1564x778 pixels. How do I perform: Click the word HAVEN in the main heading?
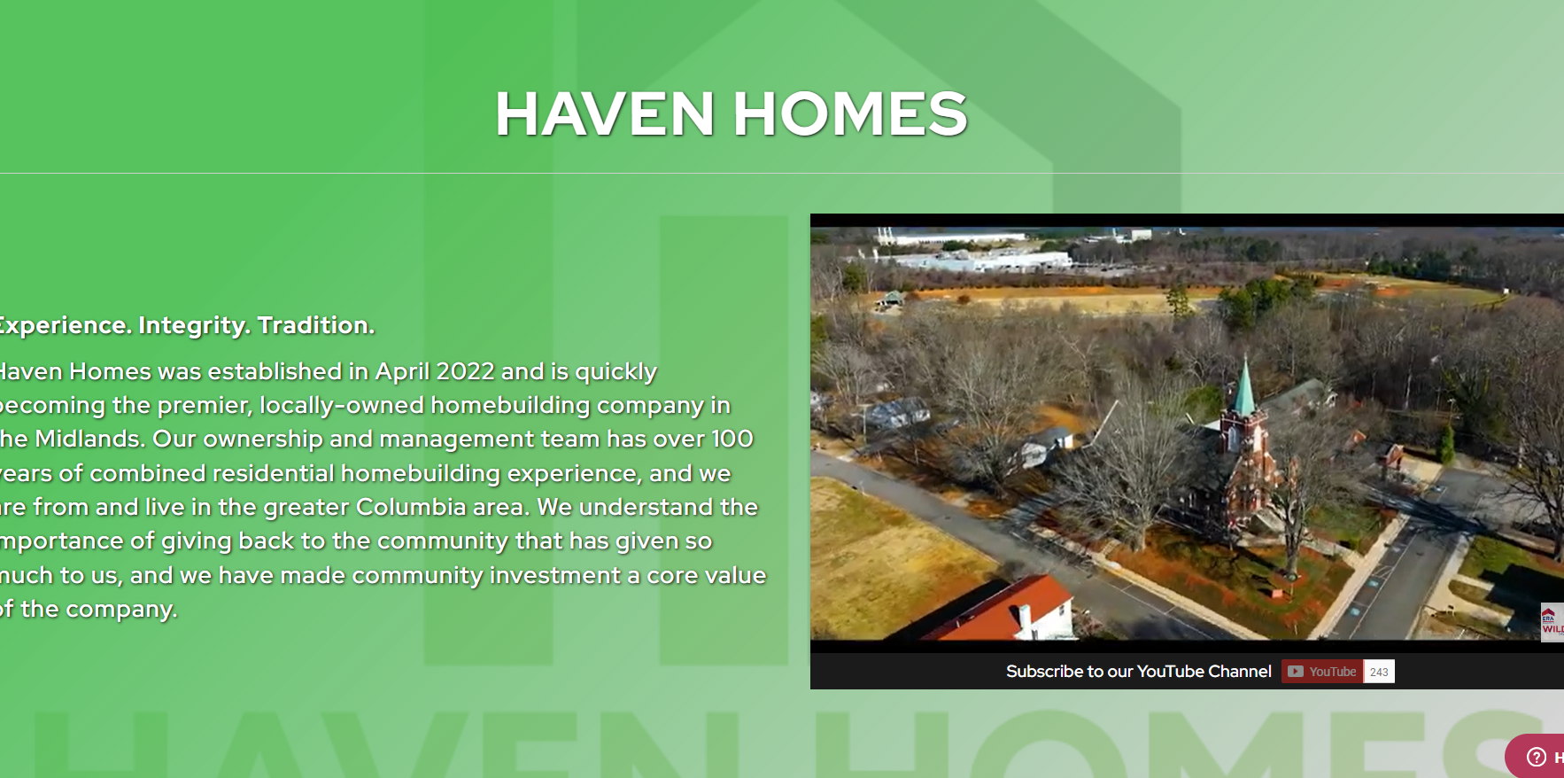(604, 113)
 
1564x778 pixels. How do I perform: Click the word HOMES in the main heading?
(850, 113)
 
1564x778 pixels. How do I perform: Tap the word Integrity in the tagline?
(193, 325)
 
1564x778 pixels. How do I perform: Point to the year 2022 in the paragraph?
(465, 371)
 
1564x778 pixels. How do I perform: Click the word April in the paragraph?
(401, 371)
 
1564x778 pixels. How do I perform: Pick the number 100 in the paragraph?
(732, 439)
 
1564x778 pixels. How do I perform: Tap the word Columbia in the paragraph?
(411, 507)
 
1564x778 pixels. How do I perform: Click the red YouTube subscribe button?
(1322, 672)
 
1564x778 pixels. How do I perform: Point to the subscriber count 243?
(1379, 672)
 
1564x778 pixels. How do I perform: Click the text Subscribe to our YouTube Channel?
(1138, 672)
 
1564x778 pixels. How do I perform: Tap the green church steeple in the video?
(1245, 390)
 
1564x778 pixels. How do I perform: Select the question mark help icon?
(1537, 757)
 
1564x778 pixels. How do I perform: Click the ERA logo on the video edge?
(1550, 620)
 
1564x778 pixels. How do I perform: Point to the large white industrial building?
(983, 261)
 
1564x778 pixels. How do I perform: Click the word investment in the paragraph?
(555, 575)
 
